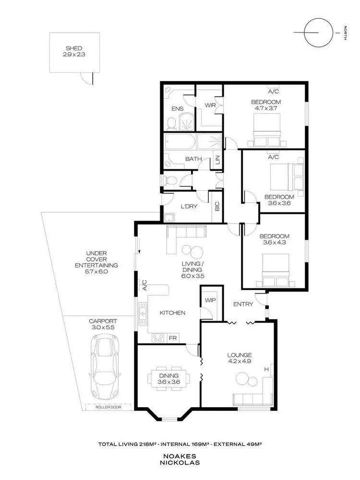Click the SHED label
point(74,48)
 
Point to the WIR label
point(210,105)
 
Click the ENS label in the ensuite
point(178,109)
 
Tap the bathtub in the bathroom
point(180,142)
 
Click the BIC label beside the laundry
point(217,207)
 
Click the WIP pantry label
point(210,300)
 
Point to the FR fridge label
point(172,338)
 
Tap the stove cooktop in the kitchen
point(158,338)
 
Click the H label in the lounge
point(266,369)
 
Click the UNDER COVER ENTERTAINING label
point(96,262)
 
